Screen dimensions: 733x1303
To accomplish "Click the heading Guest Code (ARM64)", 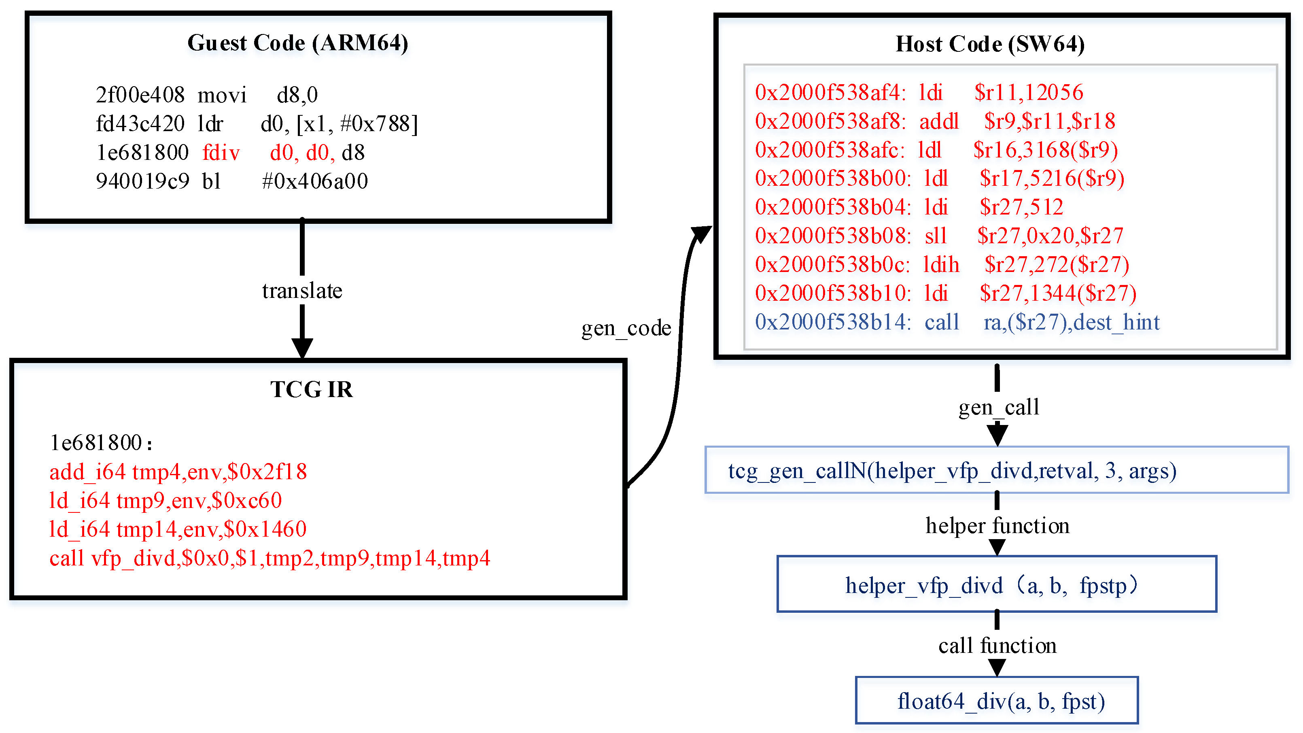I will pyautogui.click(x=297, y=43).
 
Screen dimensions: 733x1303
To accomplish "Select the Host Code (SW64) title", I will pyautogui.click(x=989, y=45).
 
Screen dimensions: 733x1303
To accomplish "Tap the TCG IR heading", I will pyautogui.click(x=311, y=389).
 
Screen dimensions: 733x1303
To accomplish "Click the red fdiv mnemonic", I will pyautogui.click(x=221, y=153).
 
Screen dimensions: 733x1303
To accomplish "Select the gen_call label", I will pyautogui.click(x=998, y=407).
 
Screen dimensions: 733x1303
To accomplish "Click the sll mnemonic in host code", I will pyautogui.click(x=936, y=236).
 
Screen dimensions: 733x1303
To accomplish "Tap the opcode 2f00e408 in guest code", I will pyautogui.click(x=140, y=95).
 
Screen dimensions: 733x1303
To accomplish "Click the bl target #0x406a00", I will pyautogui.click(x=315, y=181).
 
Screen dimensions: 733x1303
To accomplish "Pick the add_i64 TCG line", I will pyautogui.click(x=178, y=472).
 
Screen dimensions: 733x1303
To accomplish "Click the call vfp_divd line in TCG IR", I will pyautogui.click(x=269, y=559).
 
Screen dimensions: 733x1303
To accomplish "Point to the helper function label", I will pyautogui.click(x=997, y=526).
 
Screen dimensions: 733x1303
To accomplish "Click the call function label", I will pyautogui.click(x=997, y=646).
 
